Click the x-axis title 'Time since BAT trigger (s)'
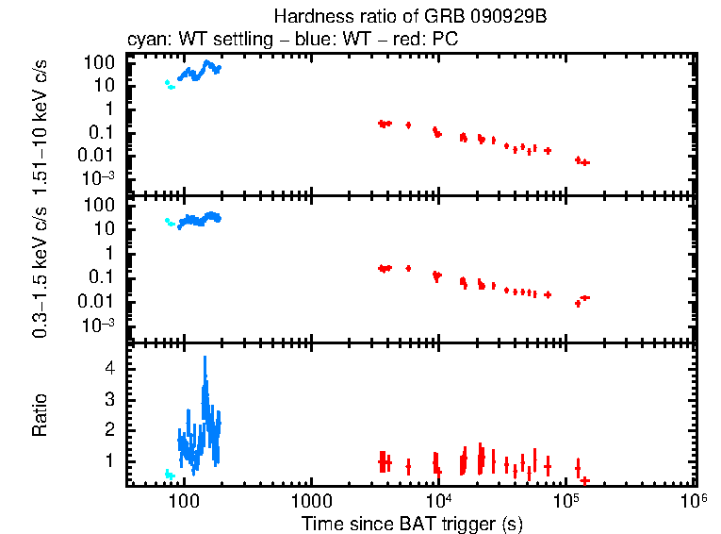412,523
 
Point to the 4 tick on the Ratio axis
109,369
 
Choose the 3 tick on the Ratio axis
109,399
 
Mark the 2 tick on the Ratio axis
109,430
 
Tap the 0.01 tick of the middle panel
102,301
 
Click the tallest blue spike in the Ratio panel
205,359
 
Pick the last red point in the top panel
585,163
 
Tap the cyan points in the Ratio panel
169,475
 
